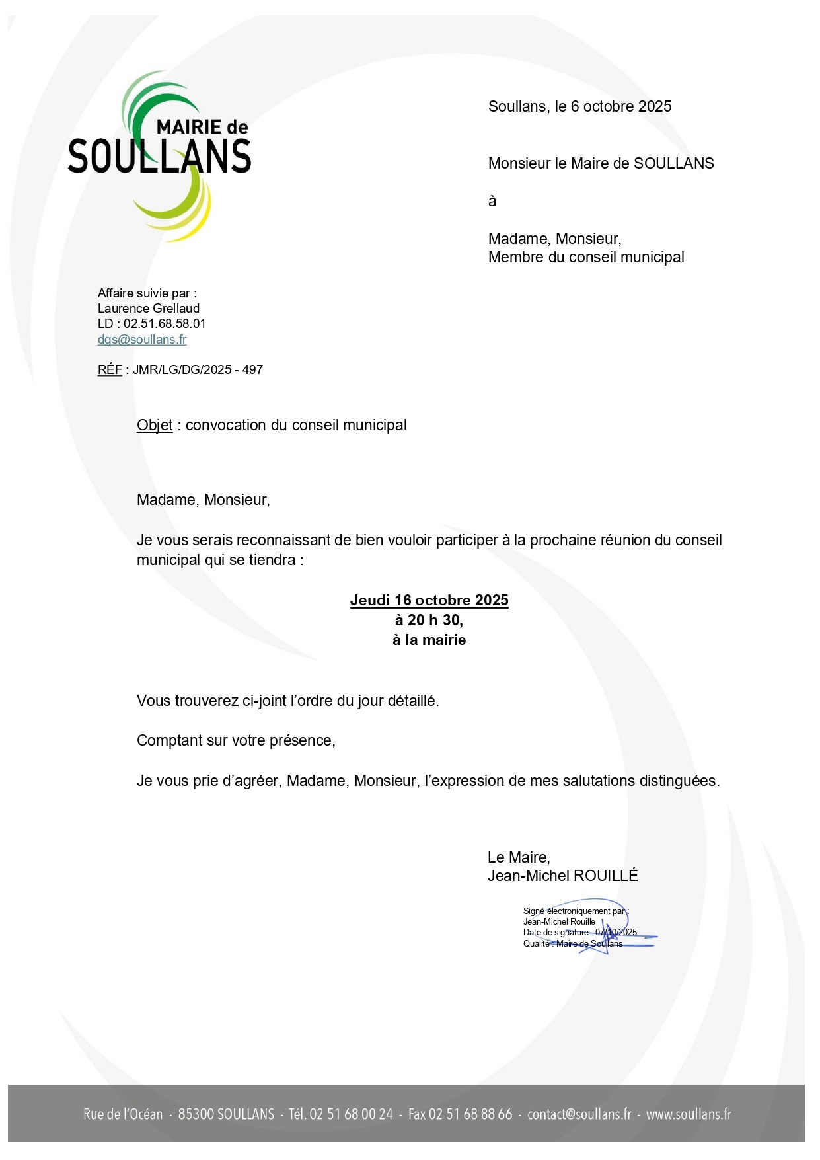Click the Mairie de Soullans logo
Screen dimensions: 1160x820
click(159, 156)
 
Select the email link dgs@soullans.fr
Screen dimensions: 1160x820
click(142, 340)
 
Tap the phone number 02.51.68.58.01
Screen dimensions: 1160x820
click(165, 324)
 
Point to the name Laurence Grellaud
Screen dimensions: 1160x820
click(149, 309)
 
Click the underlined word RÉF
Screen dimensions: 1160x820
click(110, 370)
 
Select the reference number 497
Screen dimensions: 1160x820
click(252, 370)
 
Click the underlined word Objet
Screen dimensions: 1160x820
click(155, 426)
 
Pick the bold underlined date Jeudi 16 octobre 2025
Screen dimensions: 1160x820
click(429, 601)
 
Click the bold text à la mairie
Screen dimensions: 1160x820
click(429, 640)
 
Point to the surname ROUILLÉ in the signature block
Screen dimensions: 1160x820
click(605, 876)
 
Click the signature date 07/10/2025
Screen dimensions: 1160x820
click(616, 933)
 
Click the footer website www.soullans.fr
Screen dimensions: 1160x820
click(689, 1114)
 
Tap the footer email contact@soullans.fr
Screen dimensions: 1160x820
click(579, 1114)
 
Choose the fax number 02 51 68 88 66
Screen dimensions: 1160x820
click(470, 1114)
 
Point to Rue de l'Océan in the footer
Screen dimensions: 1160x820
click(123, 1114)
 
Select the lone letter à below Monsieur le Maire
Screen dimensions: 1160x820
click(492, 202)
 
